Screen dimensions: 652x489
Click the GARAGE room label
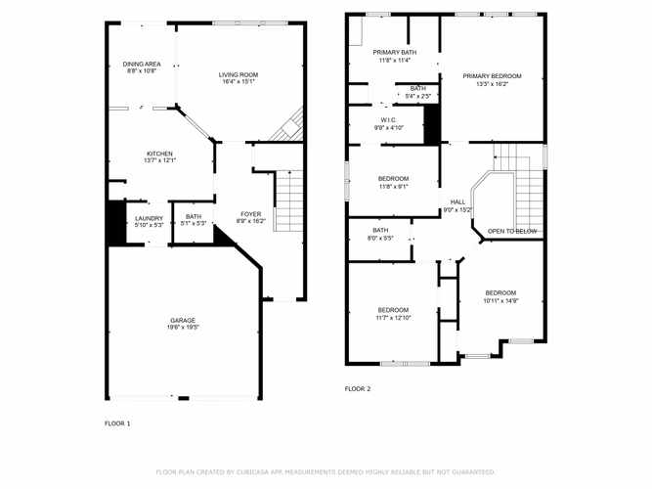[x=183, y=321]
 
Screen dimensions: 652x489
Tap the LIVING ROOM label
[x=239, y=75]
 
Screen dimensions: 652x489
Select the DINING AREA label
[x=142, y=65]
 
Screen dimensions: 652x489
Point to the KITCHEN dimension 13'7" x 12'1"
[x=160, y=160]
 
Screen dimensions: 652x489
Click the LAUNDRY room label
[x=149, y=218]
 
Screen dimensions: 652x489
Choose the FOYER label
[x=251, y=214]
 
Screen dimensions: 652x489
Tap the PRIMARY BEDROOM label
[x=492, y=76]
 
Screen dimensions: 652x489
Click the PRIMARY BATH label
[x=395, y=53]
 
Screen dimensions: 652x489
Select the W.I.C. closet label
[x=389, y=120]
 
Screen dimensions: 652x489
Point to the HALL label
[x=457, y=202]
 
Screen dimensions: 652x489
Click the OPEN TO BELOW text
[x=512, y=232]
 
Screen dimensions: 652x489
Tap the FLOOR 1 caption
[x=117, y=423]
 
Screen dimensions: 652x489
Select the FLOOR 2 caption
[x=358, y=389]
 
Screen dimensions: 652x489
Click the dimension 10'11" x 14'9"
[x=500, y=301]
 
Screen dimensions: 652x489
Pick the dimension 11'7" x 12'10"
[x=393, y=318]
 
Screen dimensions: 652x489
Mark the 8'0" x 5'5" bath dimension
[x=380, y=239]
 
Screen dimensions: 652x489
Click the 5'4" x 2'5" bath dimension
[x=418, y=96]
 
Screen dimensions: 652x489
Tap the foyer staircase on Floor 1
[x=288, y=200]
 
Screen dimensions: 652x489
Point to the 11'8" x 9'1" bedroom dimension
[x=393, y=187]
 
